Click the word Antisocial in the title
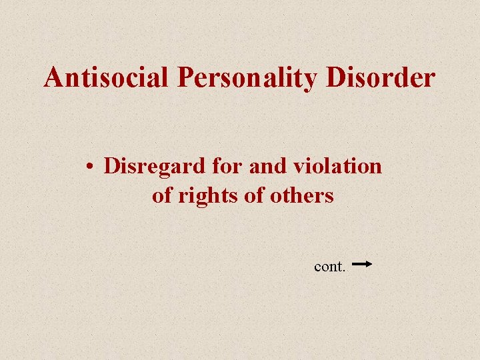click(107, 78)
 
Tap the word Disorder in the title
click(380, 78)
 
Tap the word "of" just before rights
click(162, 196)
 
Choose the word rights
click(203, 197)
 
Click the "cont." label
click(329, 267)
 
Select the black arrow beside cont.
click(361, 264)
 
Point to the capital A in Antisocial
click(54, 78)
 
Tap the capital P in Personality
click(186, 78)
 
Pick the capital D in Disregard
click(111, 165)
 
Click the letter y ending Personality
click(312, 81)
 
